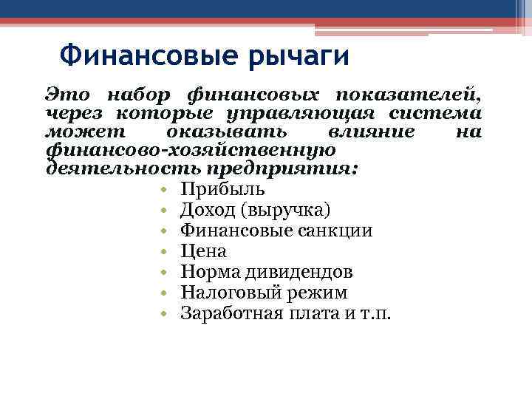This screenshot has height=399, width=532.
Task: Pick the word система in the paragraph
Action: (x=442, y=114)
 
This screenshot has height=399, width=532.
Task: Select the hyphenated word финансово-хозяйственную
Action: (x=191, y=150)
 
